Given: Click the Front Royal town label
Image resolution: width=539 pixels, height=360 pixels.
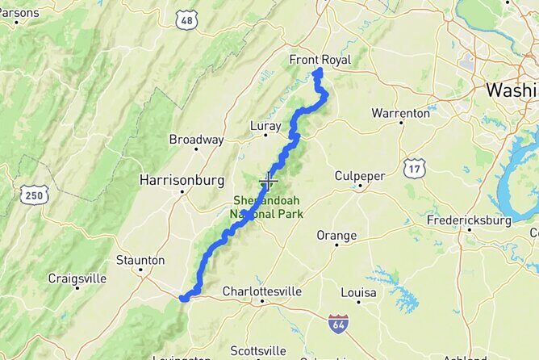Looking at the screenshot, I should click(320, 59).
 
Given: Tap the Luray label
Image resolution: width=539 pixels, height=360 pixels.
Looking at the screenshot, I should click(265, 126).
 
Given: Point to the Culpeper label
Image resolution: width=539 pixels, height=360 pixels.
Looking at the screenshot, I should click(360, 176).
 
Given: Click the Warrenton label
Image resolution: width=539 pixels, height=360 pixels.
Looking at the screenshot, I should click(401, 113).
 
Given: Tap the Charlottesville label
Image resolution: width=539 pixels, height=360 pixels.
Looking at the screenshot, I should click(261, 291).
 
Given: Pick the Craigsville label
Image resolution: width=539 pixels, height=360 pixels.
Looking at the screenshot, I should click(77, 278).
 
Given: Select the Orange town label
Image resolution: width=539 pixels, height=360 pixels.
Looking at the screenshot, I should click(336, 236).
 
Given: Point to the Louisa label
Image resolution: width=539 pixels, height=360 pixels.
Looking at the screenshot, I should click(358, 291).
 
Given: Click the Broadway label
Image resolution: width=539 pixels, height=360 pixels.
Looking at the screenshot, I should click(196, 140).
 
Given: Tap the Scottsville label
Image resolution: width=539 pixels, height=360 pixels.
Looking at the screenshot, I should click(257, 350).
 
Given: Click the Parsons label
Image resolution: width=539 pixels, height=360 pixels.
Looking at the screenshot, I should click(19, 13).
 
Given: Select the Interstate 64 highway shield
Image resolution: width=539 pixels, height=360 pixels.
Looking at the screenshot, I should click(339, 324).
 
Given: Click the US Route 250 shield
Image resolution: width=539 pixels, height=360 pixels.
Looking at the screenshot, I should click(36, 195).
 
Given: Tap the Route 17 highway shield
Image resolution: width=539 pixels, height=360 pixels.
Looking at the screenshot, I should click(414, 168).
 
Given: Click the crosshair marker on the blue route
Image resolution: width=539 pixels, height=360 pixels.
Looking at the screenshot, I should click(268, 181).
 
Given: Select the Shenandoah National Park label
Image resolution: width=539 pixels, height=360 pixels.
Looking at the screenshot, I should click(267, 207).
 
